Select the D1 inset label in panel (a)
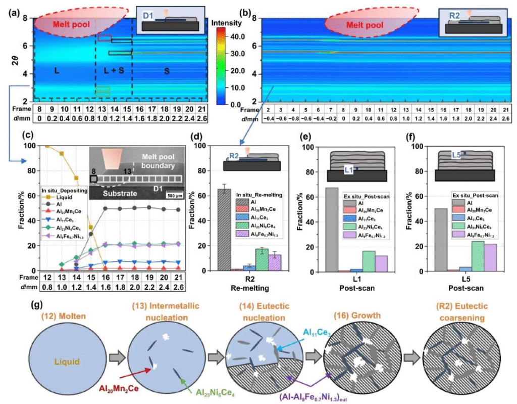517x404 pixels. [x=147, y=16]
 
